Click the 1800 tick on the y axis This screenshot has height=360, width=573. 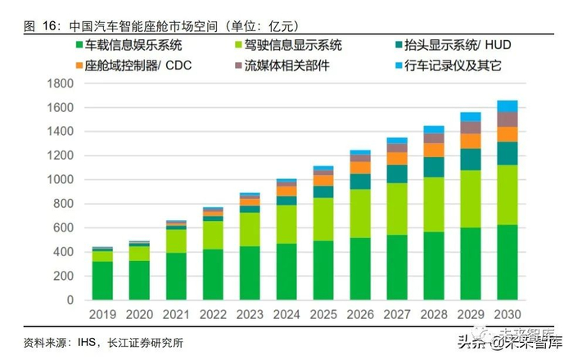[61, 83]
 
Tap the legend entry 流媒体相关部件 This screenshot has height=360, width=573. [282, 65]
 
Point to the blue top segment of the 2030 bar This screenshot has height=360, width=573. [507, 106]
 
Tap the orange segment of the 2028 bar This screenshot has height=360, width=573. [433, 150]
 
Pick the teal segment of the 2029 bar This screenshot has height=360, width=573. [470, 160]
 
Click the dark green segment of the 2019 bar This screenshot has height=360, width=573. [102, 281]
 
